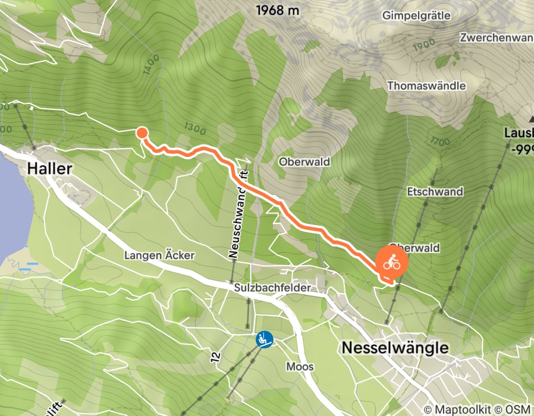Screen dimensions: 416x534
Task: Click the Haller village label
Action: tap(49, 169)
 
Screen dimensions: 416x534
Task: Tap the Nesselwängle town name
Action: tap(394, 348)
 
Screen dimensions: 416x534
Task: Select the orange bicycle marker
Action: tap(391, 261)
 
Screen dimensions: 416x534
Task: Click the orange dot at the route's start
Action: tap(142, 133)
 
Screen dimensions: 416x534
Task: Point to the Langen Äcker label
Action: tap(159, 256)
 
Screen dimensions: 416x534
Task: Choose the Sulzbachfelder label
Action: tap(272, 288)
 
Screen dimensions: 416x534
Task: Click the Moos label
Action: tap(299, 366)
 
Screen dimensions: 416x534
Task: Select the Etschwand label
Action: tap(435, 192)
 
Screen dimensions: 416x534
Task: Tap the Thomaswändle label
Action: tap(426, 86)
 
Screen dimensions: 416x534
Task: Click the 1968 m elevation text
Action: tap(278, 10)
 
